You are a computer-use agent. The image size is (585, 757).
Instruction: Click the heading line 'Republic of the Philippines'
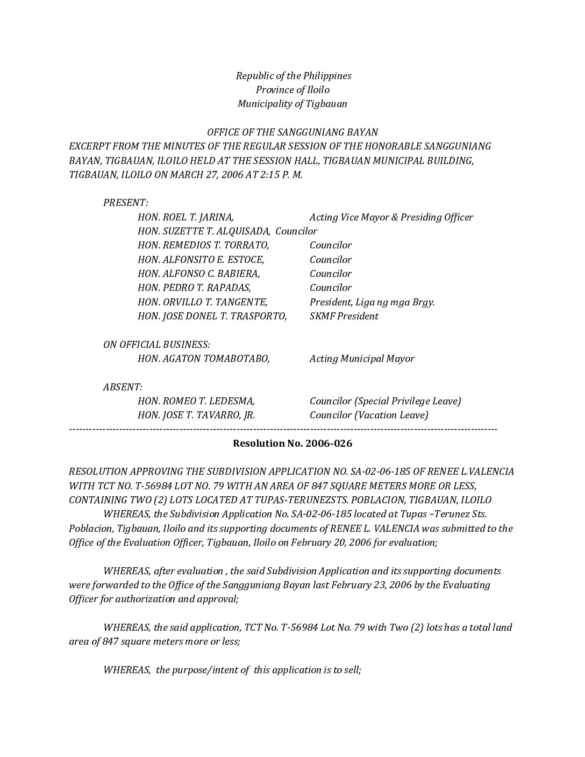[x=293, y=76]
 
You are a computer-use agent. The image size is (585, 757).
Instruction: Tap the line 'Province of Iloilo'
[x=292, y=90]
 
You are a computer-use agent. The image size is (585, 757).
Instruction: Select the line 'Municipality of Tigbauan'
[x=292, y=104]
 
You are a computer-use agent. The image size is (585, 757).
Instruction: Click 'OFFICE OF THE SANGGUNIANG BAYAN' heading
[x=292, y=132]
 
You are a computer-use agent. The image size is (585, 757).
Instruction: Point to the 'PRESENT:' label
[x=126, y=203]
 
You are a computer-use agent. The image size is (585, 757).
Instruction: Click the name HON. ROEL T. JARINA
[x=186, y=217]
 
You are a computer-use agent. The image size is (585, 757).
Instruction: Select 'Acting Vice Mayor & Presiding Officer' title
[x=391, y=217]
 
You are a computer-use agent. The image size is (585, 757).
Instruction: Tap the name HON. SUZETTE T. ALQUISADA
[x=204, y=231]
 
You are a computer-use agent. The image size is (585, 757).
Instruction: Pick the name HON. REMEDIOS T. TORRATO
[x=203, y=245]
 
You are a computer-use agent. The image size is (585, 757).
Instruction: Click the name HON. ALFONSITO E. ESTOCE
[x=201, y=260]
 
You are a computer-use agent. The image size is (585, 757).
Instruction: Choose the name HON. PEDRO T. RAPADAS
[x=194, y=288]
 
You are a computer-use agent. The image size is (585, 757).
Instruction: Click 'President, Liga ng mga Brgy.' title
[x=372, y=302]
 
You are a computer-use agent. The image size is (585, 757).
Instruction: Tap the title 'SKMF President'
[x=344, y=316]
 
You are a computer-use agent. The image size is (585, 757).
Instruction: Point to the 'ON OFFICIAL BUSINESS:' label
[x=156, y=345]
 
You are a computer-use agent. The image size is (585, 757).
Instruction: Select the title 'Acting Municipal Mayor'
[x=362, y=359]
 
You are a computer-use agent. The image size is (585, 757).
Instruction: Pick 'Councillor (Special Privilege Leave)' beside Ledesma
[x=385, y=401]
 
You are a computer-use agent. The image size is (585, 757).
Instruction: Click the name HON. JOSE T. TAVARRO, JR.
[x=196, y=415]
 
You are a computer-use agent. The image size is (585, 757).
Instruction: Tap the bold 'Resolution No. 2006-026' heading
[x=292, y=444]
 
